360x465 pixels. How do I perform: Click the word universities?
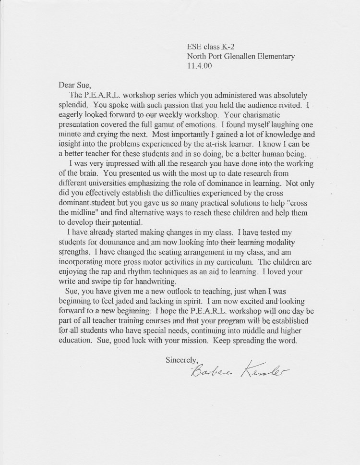point(108,184)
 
